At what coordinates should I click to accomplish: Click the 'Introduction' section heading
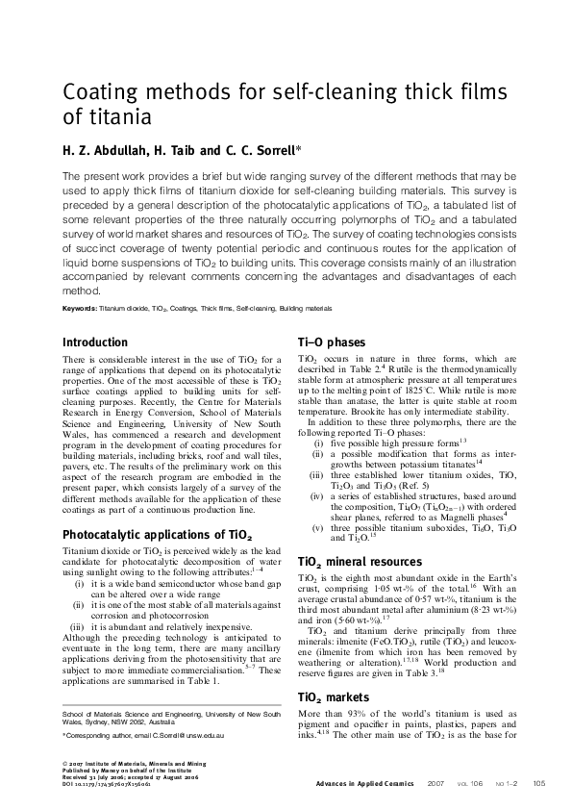94,342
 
